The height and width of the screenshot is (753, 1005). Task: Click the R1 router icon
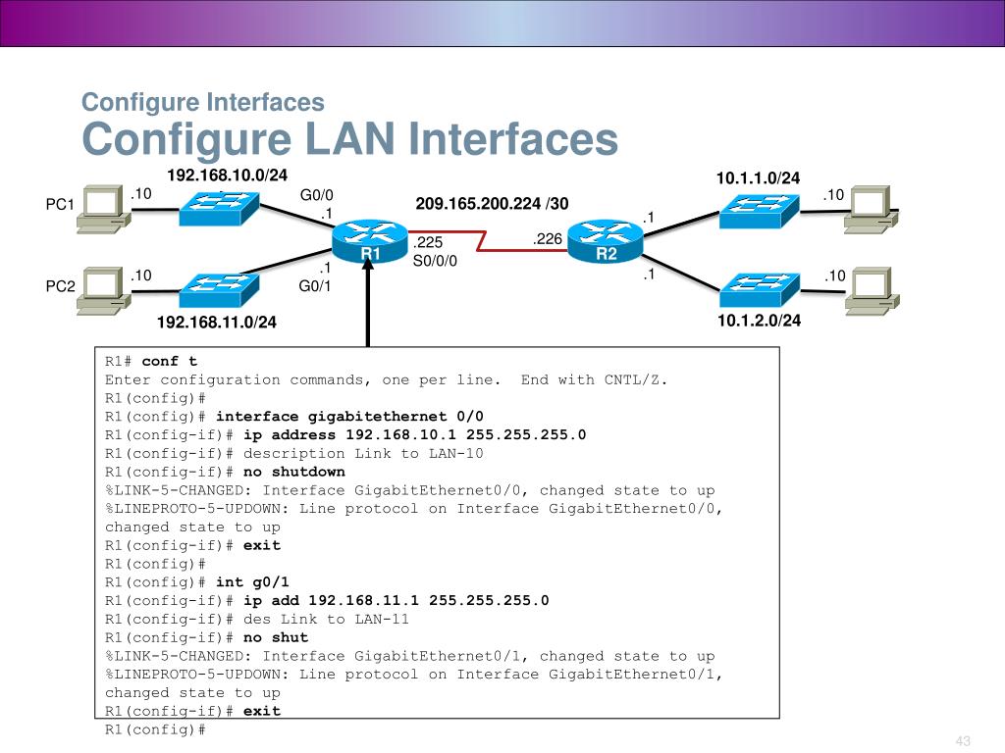click(x=370, y=241)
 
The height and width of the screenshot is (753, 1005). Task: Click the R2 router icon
click(x=605, y=241)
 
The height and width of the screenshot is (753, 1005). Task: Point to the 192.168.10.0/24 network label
click(x=227, y=175)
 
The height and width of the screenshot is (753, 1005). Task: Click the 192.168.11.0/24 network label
click(x=217, y=322)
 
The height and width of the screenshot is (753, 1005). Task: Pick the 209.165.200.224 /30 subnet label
click(x=492, y=204)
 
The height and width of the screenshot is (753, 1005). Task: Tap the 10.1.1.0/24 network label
click(x=758, y=178)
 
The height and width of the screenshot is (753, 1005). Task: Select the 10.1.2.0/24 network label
click(x=759, y=321)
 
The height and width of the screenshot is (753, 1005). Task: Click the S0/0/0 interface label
click(x=435, y=261)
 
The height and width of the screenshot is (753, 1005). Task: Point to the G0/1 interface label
click(x=315, y=285)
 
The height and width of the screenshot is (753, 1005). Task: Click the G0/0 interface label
click(x=317, y=195)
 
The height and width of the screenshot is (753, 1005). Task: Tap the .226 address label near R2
click(x=547, y=239)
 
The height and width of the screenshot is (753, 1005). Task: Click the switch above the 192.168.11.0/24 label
click(x=219, y=290)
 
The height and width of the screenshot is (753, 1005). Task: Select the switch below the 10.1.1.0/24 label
click(x=759, y=211)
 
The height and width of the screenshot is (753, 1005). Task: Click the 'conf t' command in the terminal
click(x=169, y=361)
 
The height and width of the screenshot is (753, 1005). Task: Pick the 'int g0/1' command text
click(x=252, y=582)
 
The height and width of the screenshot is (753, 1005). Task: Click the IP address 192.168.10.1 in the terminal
click(x=400, y=434)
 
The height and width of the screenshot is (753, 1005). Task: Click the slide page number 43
click(x=963, y=741)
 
